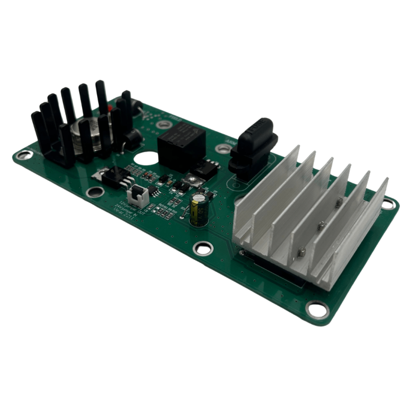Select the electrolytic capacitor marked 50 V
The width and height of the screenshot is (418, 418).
tap(200, 209)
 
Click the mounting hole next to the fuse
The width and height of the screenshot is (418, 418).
tap(224, 149)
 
